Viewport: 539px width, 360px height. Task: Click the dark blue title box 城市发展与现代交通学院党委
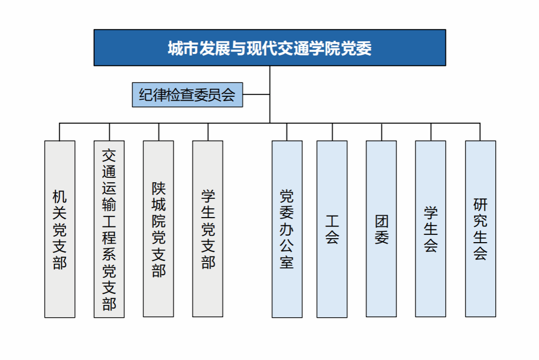(x=269, y=48)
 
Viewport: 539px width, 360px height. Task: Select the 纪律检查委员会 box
(x=188, y=94)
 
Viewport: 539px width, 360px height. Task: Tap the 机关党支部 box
(x=60, y=229)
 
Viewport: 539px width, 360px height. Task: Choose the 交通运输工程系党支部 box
(x=109, y=229)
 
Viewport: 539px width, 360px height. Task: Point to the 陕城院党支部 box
(x=159, y=229)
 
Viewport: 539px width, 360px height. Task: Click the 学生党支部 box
(x=208, y=229)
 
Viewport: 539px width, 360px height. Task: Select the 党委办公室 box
(x=287, y=229)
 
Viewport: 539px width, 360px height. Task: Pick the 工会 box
(x=332, y=229)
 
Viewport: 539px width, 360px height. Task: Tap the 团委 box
(x=381, y=229)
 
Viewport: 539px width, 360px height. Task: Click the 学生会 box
(x=431, y=229)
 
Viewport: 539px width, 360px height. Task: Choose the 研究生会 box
(x=480, y=229)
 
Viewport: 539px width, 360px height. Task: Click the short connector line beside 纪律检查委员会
(x=256, y=94)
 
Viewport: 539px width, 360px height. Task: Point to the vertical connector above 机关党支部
(x=60, y=132)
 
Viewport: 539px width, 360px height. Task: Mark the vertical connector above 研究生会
(x=480, y=132)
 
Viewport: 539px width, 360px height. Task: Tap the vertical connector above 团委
(x=381, y=132)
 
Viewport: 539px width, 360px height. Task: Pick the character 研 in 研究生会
(x=480, y=204)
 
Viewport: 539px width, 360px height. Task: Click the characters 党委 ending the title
(x=357, y=48)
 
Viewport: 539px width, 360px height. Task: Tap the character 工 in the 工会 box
(x=332, y=221)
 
